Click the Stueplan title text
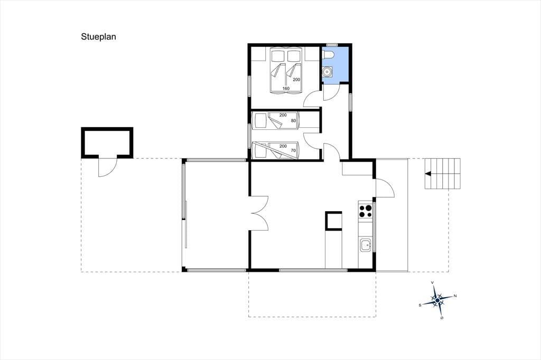[x=98, y=37]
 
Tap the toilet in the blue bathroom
[x=328, y=54]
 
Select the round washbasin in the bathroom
[x=327, y=71]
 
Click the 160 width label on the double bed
[x=286, y=89]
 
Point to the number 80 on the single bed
[x=293, y=121]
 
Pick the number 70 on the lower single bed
[x=293, y=150]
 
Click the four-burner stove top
[x=366, y=211]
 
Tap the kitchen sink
[x=366, y=246]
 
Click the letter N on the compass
[x=455, y=296]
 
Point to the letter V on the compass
[x=433, y=283]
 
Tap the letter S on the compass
[x=420, y=305]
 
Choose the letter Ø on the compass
[x=442, y=318]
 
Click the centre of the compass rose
[x=437, y=301]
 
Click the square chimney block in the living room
[x=334, y=221]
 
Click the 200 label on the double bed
[x=296, y=80]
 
